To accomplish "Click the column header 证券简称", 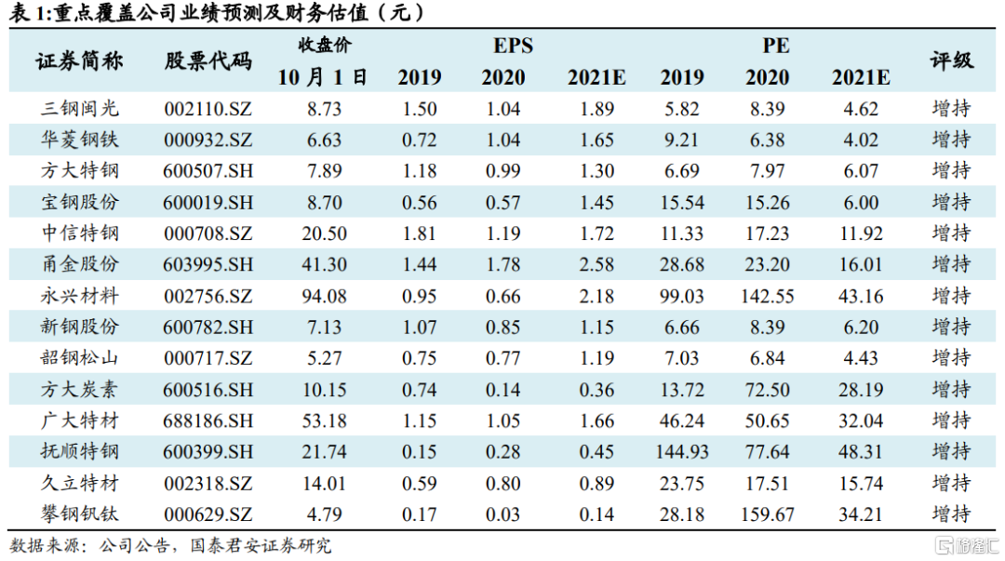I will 80,61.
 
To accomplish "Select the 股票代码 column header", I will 208,61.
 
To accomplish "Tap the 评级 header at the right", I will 951,61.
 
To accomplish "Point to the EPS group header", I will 513,46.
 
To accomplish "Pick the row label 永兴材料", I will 80,296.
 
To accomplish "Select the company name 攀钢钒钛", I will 80,514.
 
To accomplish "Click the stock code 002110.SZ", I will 208,109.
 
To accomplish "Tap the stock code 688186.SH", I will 208,421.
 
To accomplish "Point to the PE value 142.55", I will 768,296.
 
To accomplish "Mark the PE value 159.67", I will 768,514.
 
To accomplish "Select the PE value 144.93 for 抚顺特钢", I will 681,452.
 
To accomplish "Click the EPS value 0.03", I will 502,514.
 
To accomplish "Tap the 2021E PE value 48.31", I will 860,452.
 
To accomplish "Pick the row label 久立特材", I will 80,483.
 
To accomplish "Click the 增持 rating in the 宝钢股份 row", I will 951,202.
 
